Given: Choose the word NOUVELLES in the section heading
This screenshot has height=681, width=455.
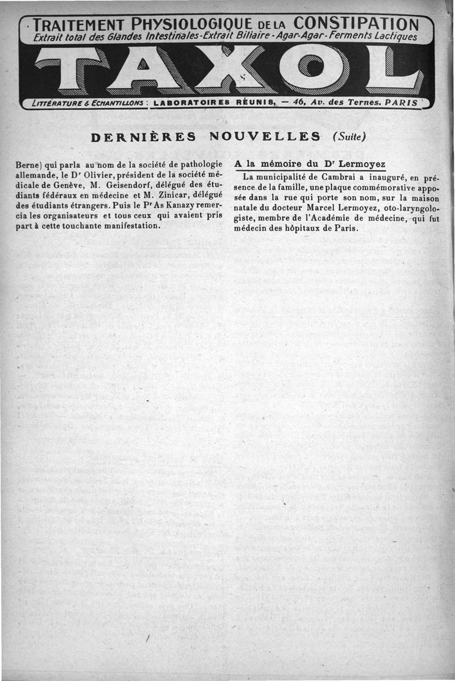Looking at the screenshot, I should (265, 137).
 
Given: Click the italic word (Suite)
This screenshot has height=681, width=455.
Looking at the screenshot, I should (349, 137).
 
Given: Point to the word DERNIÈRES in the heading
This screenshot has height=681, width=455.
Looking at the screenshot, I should (144, 137).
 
